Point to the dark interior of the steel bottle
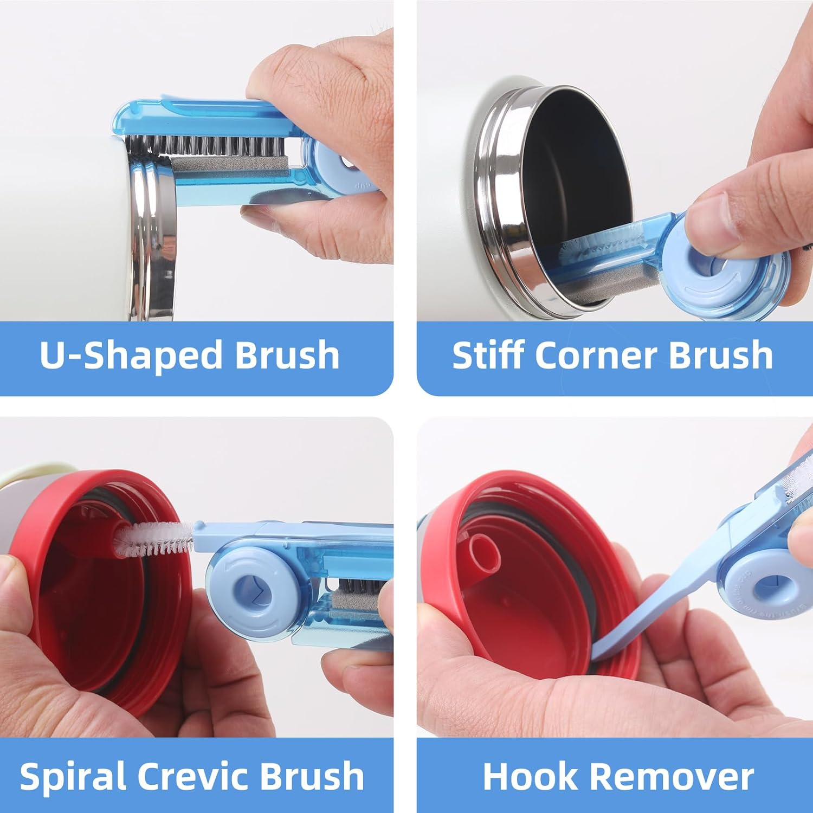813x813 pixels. pos(575,163)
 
